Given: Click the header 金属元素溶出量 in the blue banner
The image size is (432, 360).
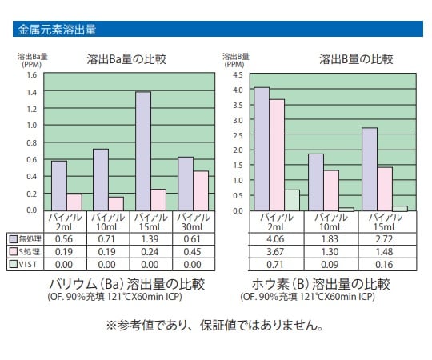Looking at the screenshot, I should (57, 30).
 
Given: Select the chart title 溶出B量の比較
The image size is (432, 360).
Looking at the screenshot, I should (356, 59).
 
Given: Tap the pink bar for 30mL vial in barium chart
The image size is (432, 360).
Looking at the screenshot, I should (201, 190).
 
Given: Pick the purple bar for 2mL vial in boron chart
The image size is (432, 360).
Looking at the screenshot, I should (261, 148).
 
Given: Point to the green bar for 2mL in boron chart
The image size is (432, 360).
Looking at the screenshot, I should (292, 200).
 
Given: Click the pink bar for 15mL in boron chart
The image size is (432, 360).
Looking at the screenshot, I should (384, 189).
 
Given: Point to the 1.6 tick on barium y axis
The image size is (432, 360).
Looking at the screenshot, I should (32, 75).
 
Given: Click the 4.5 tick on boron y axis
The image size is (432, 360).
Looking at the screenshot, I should (238, 75).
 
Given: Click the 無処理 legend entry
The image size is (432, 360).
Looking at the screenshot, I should (24, 238).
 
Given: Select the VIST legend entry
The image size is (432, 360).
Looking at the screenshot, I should (24, 264).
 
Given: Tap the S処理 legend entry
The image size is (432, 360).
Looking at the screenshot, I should (24, 251).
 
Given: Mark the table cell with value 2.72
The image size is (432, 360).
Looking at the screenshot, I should (384, 238).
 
